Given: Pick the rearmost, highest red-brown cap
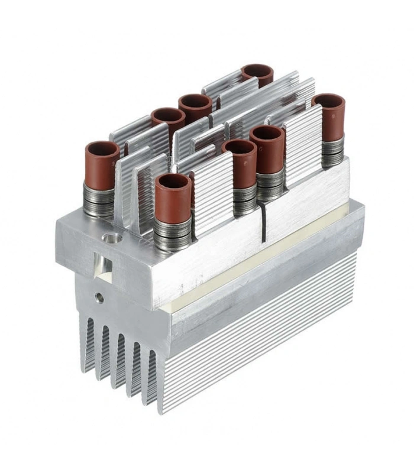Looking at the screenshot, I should (x=257, y=74).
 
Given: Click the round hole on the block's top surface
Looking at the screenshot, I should (x=111, y=238).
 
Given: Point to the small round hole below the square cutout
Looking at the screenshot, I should (x=100, y=297).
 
